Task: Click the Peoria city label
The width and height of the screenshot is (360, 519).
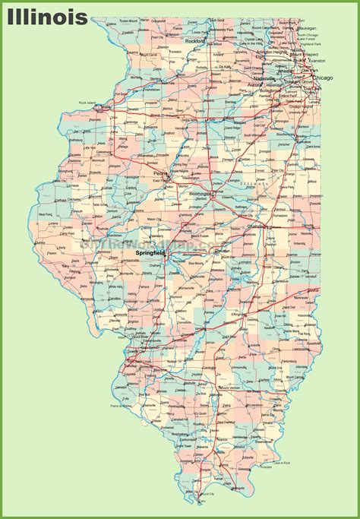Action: coord(160,172)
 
